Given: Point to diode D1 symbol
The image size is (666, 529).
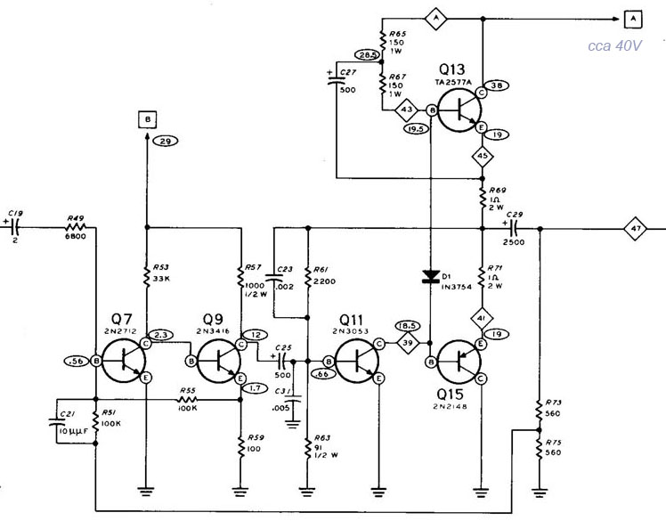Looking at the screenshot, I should [430, 277].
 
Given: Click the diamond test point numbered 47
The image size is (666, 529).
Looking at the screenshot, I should [636, 227].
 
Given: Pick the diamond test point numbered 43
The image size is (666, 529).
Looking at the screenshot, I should [408, 109].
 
